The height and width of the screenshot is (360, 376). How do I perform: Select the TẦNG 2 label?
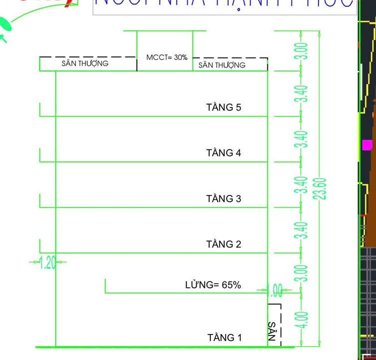click(224, 244)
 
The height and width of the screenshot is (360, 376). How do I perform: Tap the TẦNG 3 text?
click(224, 199)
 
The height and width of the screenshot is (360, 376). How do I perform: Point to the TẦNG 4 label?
click(224, 153)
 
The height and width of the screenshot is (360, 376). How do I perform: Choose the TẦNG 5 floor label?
click(224, 107)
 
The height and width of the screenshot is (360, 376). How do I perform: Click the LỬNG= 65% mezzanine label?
click(213, 285)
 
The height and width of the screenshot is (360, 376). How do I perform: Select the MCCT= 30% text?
click(167, 57)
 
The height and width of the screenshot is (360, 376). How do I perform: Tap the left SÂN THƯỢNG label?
click(85, 63)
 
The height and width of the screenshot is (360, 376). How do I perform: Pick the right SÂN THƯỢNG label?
click(222, 65)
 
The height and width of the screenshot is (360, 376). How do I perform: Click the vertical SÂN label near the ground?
click(272, 330)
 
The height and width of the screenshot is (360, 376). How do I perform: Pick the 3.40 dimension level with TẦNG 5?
click(301, 94)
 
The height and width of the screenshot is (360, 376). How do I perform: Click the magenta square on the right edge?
click(367, 145)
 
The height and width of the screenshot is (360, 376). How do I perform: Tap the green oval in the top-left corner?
click(4, 23)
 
